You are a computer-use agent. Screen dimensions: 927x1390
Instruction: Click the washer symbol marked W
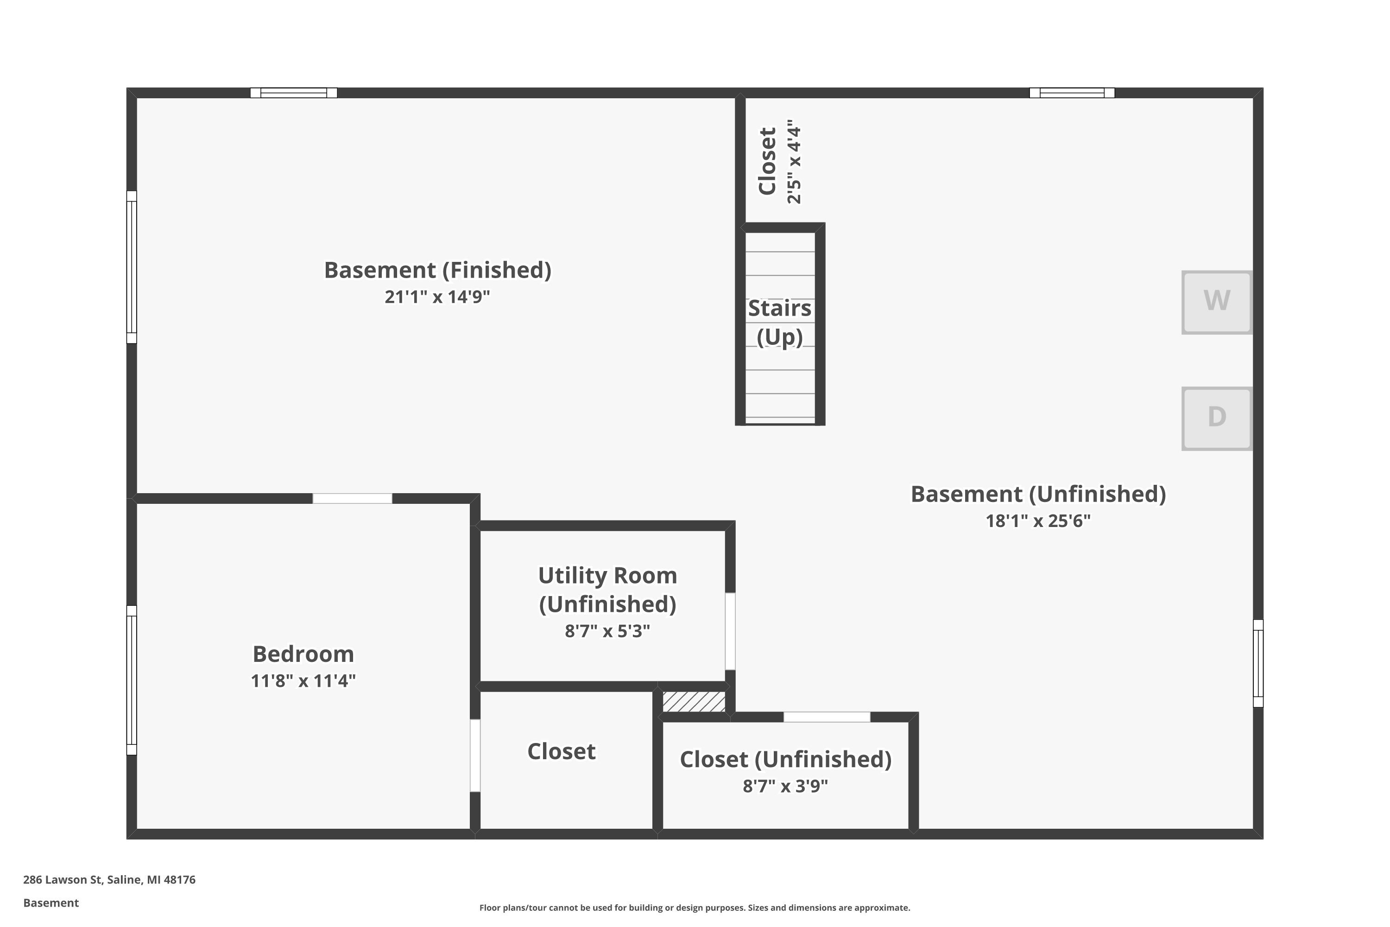pos(1216,302)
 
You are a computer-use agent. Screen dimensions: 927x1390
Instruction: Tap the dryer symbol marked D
pos(1216,419)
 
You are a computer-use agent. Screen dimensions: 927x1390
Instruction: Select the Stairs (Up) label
pos(779,322)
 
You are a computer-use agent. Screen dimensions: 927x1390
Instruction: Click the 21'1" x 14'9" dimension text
pos(437,297)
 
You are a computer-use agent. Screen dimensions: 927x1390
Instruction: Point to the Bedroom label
pos(303,654)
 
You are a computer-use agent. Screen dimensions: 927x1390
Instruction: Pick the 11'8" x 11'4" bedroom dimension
pos(303,681)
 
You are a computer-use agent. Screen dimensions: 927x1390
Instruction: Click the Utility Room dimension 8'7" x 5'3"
pos(607,631)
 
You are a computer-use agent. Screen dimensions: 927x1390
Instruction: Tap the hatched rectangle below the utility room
pos(694,702)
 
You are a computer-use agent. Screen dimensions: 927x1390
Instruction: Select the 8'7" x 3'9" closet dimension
pos(785,786)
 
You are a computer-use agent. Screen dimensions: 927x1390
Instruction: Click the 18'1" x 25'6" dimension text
pos(1038,521)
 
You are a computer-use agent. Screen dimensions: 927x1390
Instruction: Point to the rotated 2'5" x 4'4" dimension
pos(794,161)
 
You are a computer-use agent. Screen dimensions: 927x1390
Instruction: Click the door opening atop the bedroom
pos(352,498)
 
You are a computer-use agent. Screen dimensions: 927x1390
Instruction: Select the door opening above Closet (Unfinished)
pos(827,717)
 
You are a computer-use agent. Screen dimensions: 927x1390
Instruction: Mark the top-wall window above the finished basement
pos(294,93)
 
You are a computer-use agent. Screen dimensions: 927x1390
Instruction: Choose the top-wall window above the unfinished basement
pos(1072,93)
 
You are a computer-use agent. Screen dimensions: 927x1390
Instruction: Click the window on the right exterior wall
pos(1258,663)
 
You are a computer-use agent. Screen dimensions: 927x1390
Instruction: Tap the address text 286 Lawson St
pos(109,880)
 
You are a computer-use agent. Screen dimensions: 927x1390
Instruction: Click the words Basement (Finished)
pos(437,270)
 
